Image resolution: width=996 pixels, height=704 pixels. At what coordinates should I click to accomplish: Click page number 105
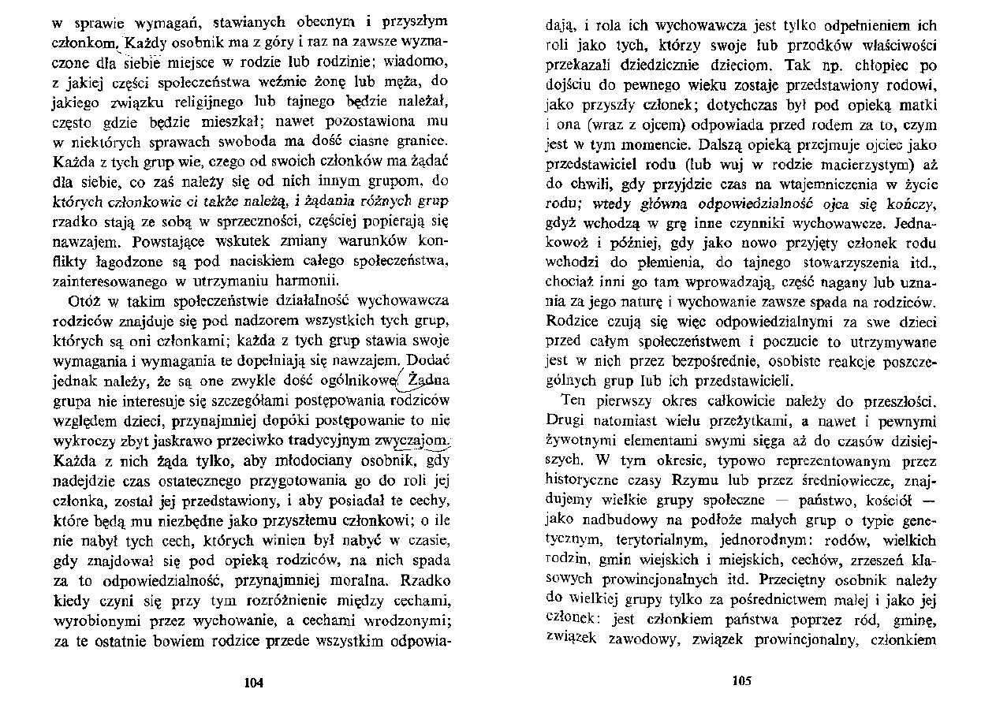click(x=742, y=682)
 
